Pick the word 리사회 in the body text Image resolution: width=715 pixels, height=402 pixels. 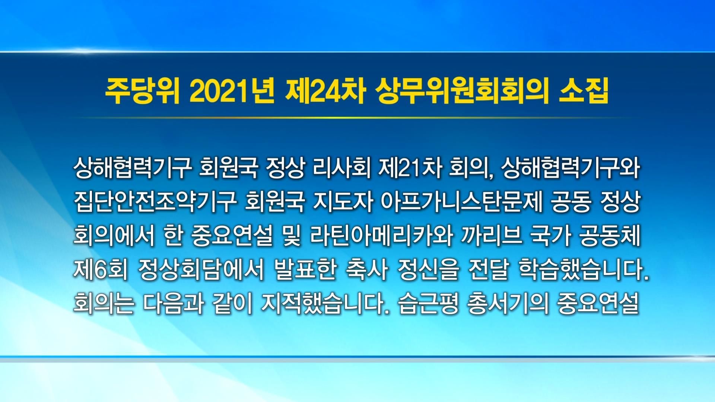(342, 169)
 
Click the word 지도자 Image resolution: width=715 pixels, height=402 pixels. (343, 202)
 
